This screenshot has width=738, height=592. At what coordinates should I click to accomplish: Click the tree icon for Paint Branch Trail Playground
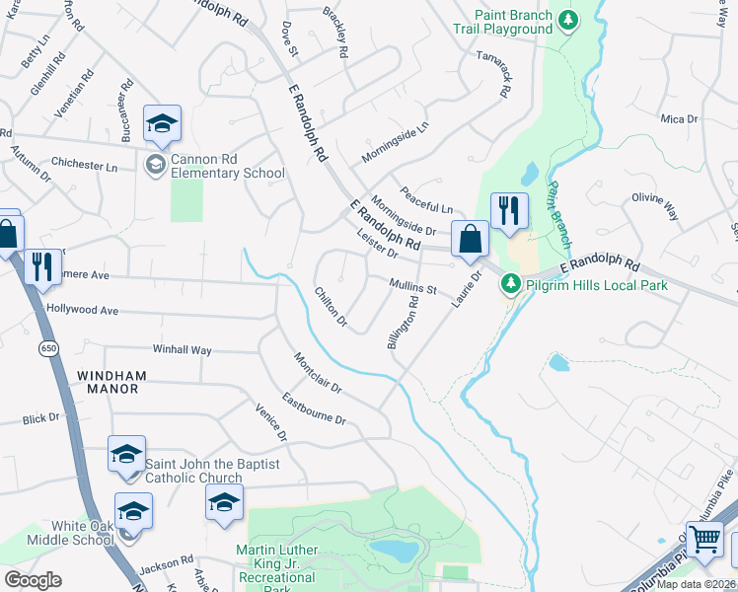point(567,20)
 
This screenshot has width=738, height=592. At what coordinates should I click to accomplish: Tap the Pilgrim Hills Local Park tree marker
point(510,285)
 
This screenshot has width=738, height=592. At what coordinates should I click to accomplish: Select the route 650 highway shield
point(48,348)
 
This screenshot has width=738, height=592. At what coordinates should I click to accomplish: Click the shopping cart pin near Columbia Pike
point(704,540)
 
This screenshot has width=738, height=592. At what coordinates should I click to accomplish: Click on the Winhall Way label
point(182,350)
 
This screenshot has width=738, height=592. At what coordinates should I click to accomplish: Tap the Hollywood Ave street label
point(82,310)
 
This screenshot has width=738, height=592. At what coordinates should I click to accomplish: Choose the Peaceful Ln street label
point(425,200)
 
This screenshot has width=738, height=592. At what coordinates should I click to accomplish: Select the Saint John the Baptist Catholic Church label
point(212,471)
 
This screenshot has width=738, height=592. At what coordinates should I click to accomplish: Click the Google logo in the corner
point(33,580)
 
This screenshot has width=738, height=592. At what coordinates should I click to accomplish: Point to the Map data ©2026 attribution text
point(697,583)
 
